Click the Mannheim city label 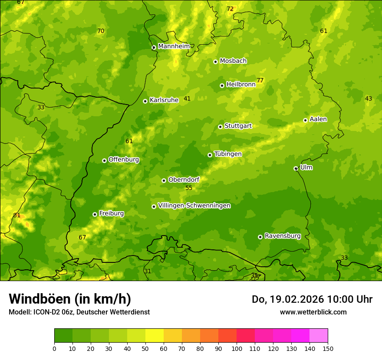(174, 46)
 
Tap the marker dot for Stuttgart (221, 127)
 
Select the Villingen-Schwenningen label (194, 206)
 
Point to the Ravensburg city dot (260, 237)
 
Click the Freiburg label (111, 213)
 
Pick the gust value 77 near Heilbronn (260, 80)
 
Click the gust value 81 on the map (17, 216)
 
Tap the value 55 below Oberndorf (189, 188)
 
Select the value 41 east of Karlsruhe (187, 98)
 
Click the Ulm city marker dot (296, 168)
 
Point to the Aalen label (318, 119)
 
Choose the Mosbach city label (233, 61)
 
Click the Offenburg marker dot (105, 160)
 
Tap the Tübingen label (228, 154)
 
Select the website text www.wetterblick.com (313, 312)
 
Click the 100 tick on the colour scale (237, 348)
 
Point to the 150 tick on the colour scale (328, 348)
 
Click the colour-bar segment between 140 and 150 (319, 336)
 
